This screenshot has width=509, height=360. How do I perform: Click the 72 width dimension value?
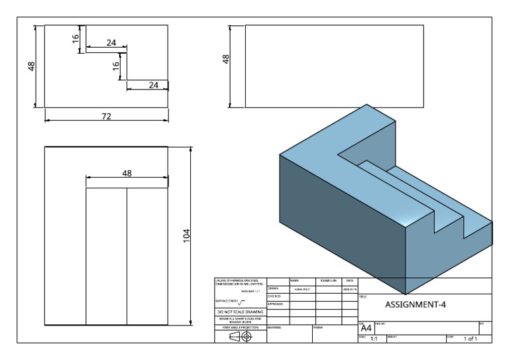[106, 116]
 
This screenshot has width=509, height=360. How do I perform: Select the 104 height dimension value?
[186, 235]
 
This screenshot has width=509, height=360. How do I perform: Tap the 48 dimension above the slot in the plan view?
[127, 173]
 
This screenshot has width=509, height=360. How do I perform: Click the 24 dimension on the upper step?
[111, 42]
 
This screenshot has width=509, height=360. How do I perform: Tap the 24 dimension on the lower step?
[153, 84]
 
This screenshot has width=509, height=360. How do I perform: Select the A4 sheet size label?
[365, 327]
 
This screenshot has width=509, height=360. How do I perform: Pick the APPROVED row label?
[275, 304]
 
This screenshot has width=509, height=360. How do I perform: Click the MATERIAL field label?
[276, 328]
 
